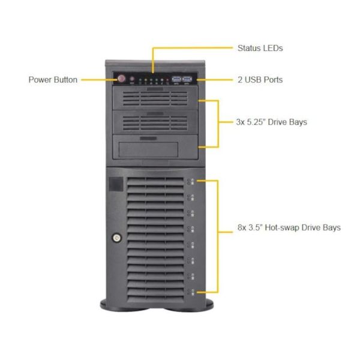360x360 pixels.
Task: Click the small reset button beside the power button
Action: coord(132,79)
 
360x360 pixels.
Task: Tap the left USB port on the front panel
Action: coord(176,79)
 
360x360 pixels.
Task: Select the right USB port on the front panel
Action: coord(187,79)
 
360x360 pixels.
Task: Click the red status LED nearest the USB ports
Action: coord(167,80)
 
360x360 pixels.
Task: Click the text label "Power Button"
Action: coord(53,80)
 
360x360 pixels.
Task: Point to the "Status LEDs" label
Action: coord(260,48)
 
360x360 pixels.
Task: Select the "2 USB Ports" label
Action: coord(260,80)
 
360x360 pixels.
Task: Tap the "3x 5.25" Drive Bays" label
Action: coord(271,122)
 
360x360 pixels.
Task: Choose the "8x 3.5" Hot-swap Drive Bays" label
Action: coord(289,227)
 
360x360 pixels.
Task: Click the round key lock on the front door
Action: coord(116,238)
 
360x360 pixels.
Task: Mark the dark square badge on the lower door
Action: coord(116,184)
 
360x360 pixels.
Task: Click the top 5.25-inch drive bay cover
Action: coord(155,98)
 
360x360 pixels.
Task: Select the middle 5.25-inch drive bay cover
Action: coord(155,122)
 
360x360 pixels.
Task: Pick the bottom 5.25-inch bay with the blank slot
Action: coord(155,147)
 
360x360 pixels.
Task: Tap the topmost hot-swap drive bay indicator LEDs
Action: coord(191,182)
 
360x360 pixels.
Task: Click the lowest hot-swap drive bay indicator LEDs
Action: coord(191,292)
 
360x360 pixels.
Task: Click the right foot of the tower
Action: coord(190,306)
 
